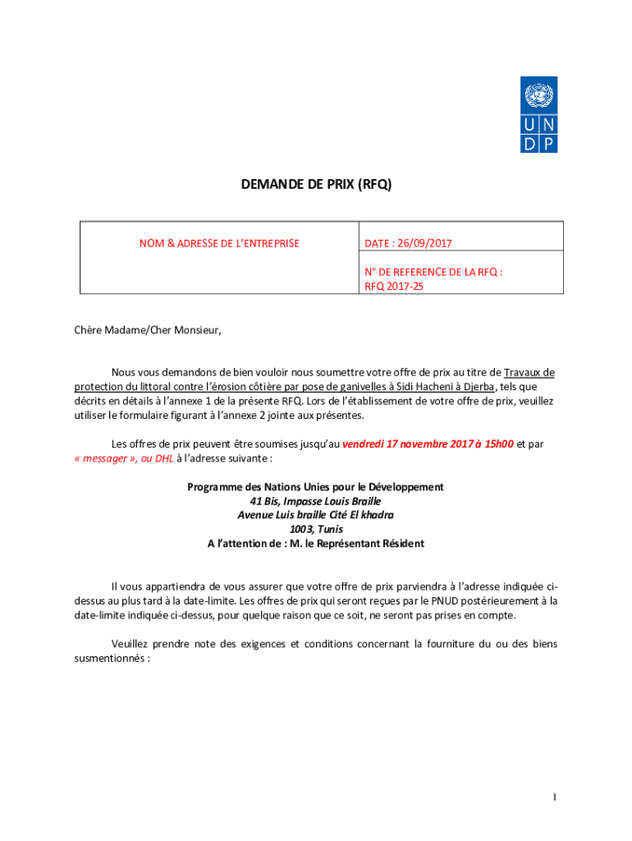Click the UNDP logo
coord(538,114)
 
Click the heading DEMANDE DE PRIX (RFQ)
coord(316,186)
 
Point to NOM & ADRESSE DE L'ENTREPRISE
coord(219,243)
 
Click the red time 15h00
coord(498,443)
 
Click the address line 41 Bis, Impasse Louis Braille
coord(315,501)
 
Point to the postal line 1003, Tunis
coord(315,529)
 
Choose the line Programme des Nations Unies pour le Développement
coord(315,487)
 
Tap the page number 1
coord(555,797)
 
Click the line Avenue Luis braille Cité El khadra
coord(315,515)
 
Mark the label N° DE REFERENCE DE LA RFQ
coord(433,272)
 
